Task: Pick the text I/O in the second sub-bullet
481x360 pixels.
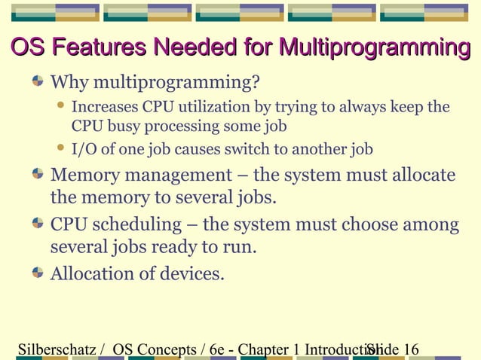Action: click(83, 149)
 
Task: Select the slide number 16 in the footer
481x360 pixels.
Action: click(412, 349)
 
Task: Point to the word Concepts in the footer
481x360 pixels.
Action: click(167, 349)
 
